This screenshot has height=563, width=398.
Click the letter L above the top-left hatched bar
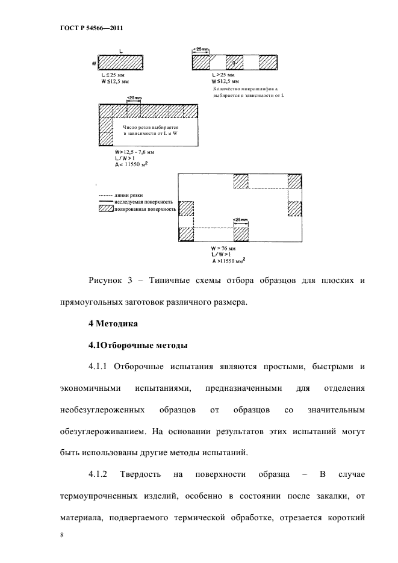121,51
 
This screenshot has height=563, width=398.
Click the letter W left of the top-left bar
94,62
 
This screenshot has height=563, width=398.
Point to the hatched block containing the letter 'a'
234,63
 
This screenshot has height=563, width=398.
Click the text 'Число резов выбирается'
151,128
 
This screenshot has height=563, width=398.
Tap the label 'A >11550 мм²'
230,261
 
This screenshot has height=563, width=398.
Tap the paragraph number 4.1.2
98,474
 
